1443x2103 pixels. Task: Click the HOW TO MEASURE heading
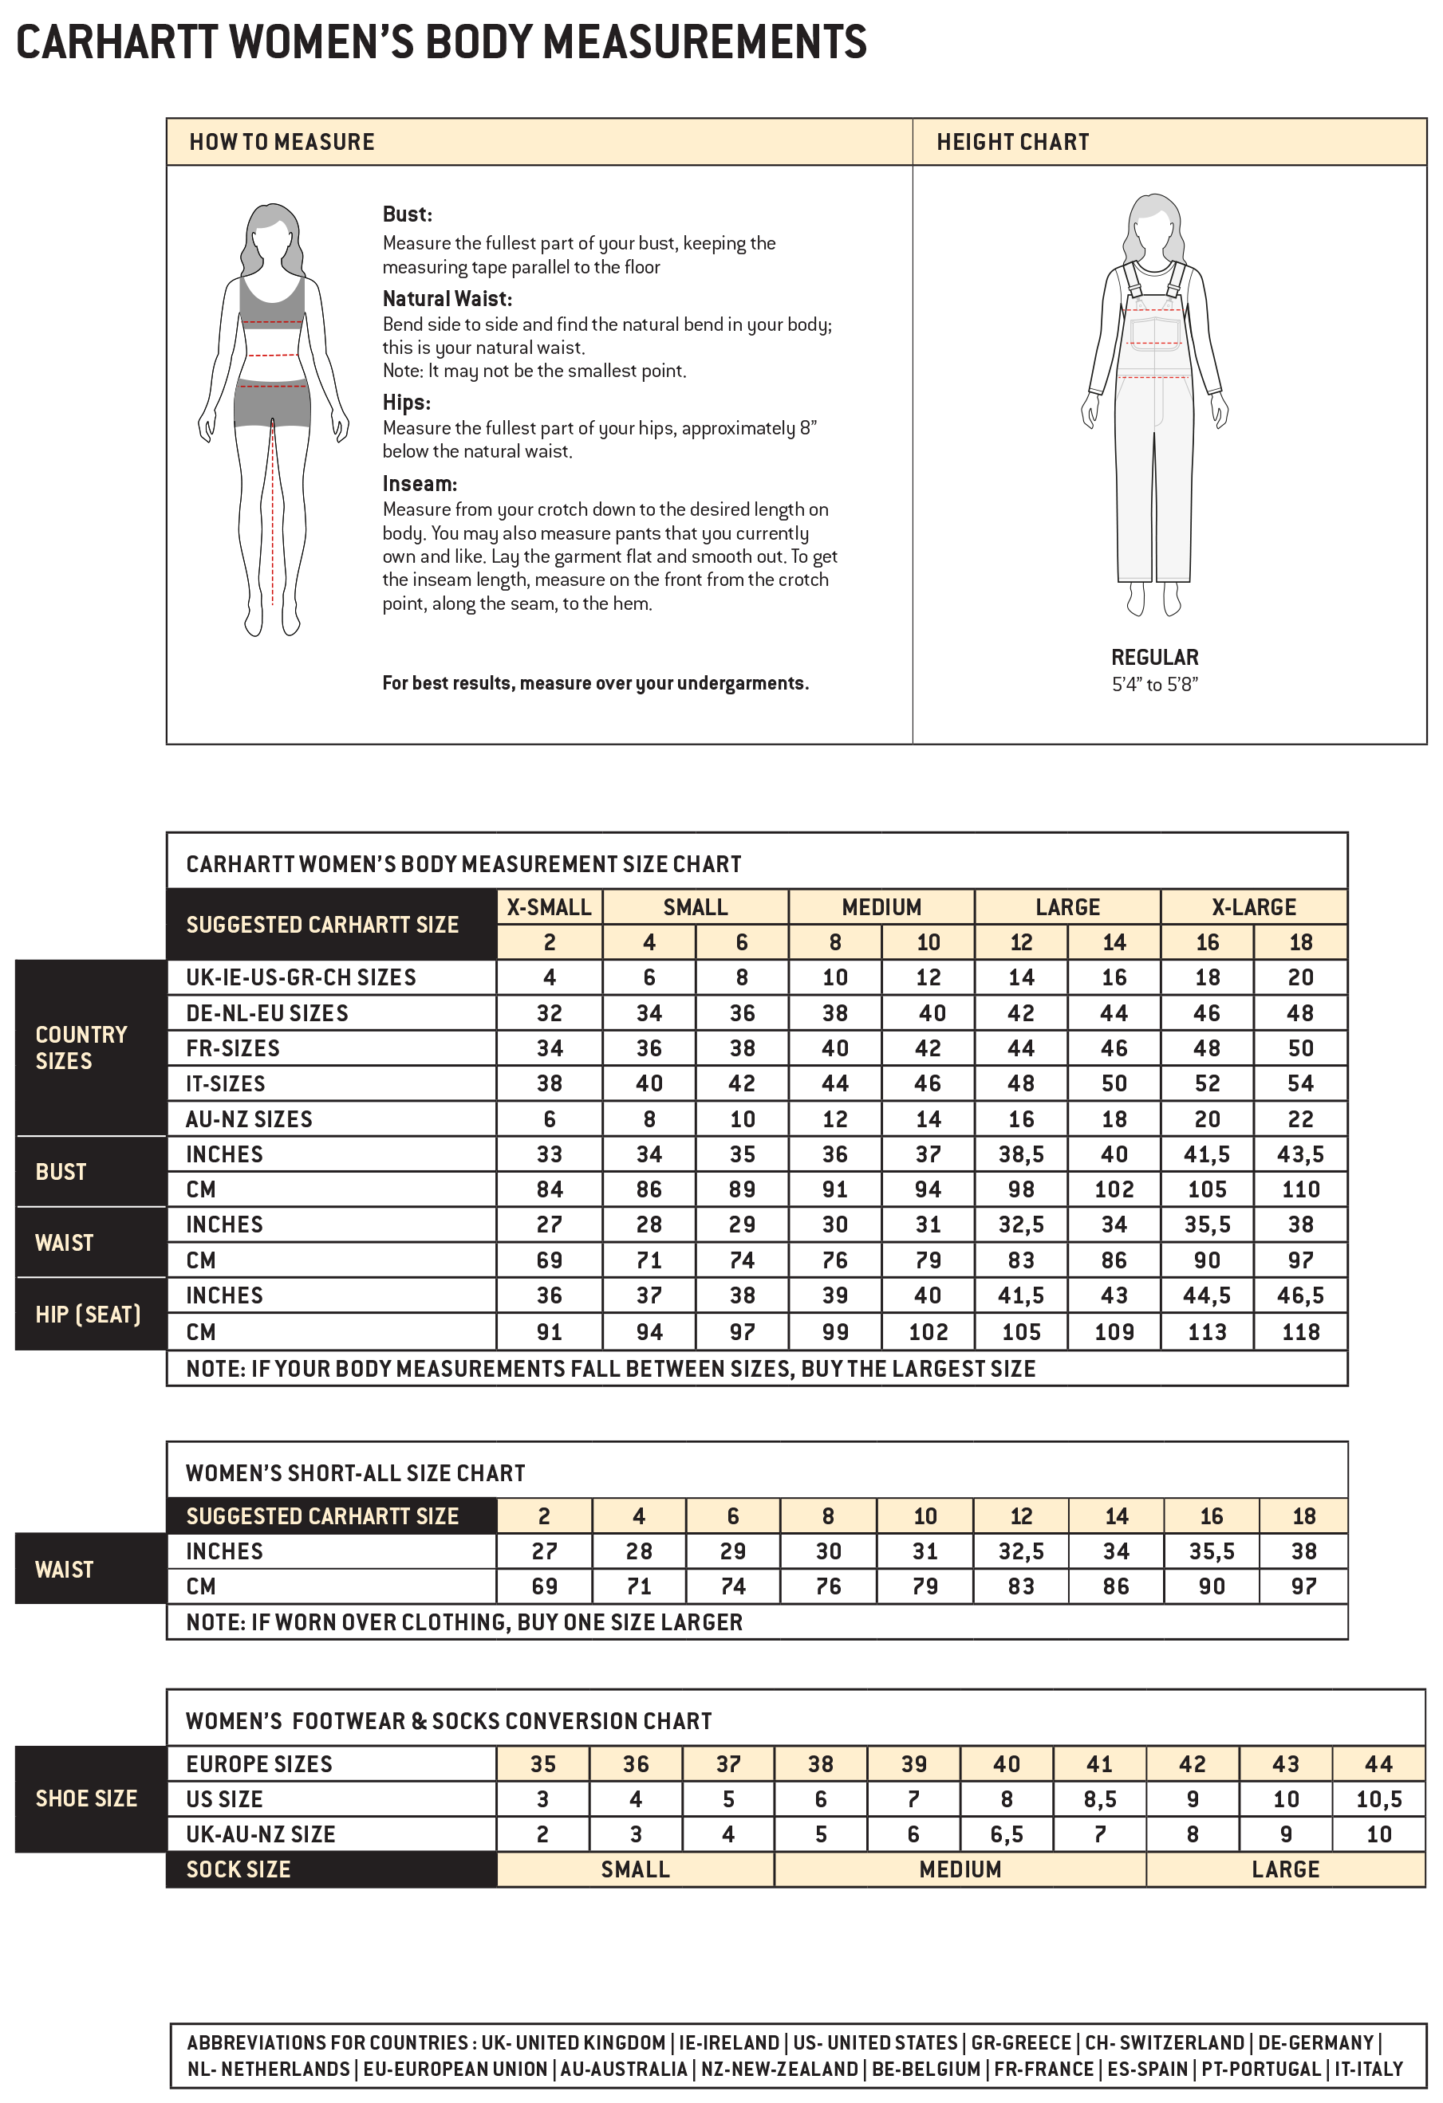(282, 142)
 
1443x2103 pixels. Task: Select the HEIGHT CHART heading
(1012, 142)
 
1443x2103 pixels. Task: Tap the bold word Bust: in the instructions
(408, 214)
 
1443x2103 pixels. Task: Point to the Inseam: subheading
(419, 484)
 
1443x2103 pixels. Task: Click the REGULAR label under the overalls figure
(1154, 658)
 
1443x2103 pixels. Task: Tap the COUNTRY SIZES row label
(81, 1048)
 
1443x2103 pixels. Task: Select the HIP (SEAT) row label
(88, 1315)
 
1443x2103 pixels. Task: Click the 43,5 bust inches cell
(1300, 1154)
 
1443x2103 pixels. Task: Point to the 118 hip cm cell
(1300, 1332)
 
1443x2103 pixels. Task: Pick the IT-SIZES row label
(226, 1084)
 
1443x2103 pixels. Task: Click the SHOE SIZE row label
(86, 1799)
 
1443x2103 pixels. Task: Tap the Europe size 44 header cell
(1378, 1764)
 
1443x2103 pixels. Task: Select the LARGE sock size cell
(1284, 1870)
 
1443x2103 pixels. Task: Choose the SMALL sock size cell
(635, 1870)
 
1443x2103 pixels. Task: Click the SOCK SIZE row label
(238, 1870)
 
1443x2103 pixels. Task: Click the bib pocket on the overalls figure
(1154, 333)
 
